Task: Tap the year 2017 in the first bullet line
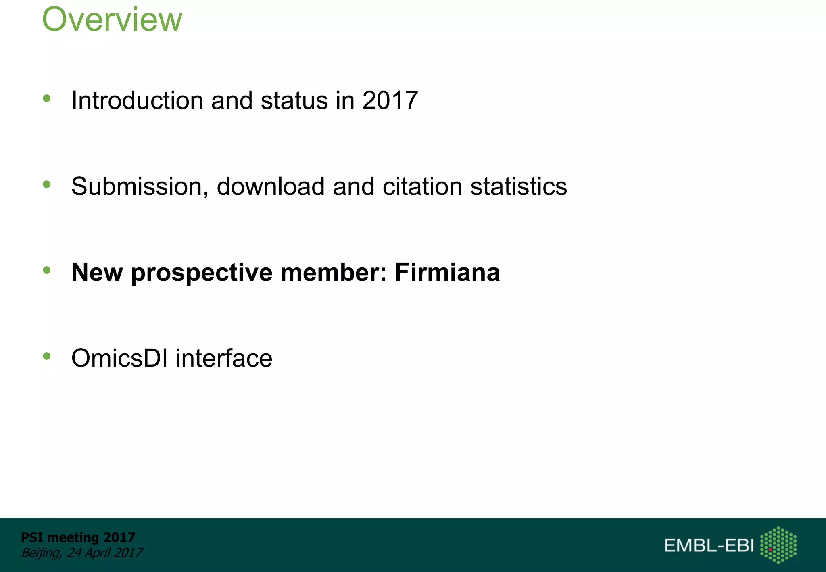[x=390, y=100]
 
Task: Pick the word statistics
[x=519, y=186]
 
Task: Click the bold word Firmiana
[x=447, y=272]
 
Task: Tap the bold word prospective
[x=202, y=273]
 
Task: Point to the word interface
[x=224, y=358]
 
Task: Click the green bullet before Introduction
[x=47, y=98]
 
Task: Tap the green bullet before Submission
[x=47, y=184]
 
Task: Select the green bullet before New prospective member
[x=47, y=270]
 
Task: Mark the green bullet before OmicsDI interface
[x=47, y=356]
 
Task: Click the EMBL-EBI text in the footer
[x=709, y=545]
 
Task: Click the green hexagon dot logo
[x=778, y=545]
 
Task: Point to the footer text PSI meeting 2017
[x=78, y=537]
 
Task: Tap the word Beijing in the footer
[x=41, y=553]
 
